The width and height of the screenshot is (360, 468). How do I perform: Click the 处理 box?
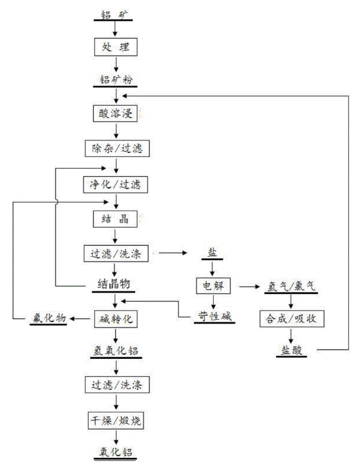[116, 47]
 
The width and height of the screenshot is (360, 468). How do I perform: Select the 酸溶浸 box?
[115, 113]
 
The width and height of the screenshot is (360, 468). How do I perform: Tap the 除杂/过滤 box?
[117, 148]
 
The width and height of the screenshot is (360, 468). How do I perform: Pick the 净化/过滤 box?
[116, 185]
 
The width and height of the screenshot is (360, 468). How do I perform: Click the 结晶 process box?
[115, 219]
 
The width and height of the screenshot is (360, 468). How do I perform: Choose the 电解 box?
[214, 286]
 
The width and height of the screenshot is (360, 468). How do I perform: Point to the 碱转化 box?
[116, 319]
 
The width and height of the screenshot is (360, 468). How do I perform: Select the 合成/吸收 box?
[292, 319]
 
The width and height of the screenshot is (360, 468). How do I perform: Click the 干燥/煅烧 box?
[116, 421]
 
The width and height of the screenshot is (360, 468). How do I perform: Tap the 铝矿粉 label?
[116, 80]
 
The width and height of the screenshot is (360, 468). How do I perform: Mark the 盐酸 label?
[291, 350]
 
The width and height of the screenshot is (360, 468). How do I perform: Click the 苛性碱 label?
[214, 316]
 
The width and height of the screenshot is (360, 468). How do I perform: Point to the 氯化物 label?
[49, 318]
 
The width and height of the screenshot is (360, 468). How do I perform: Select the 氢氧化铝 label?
[116, 351]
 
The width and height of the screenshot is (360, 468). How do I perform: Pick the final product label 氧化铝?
[116, 452]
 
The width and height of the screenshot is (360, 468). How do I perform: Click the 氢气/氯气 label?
[291, 287]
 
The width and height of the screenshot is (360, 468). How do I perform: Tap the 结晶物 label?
[114, 285]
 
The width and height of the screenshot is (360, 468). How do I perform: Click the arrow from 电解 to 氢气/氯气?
[249, 287]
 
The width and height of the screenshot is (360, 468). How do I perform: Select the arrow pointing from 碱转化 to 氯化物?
[80, 319]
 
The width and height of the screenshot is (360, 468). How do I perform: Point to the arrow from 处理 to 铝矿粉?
[116, 64]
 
